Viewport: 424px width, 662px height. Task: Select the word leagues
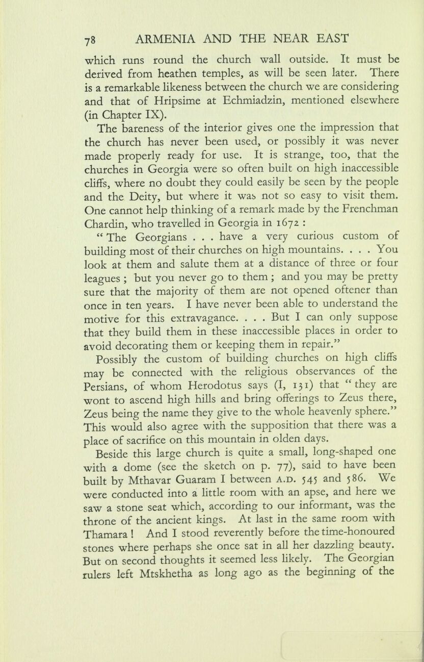105,278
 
